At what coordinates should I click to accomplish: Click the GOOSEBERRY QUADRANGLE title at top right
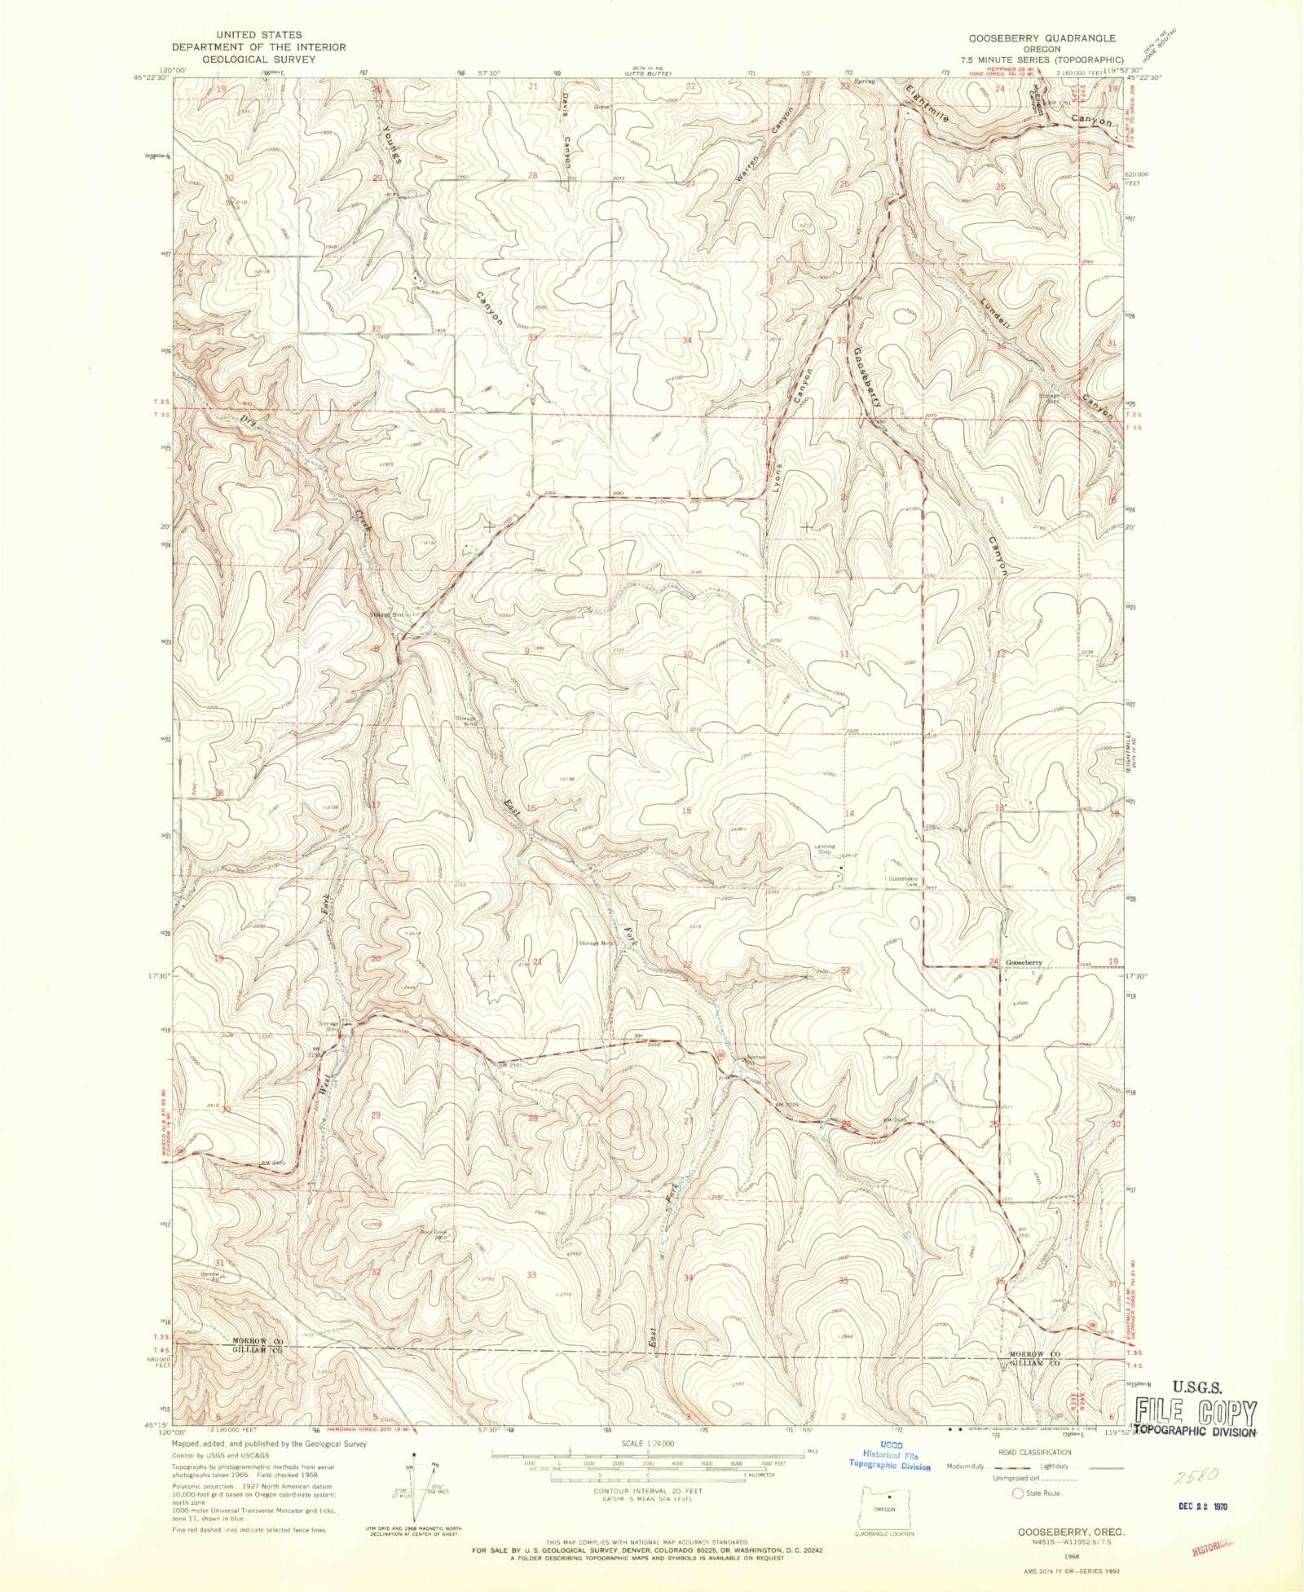click(1042, 38)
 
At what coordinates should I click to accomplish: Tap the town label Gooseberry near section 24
click(1024, 962)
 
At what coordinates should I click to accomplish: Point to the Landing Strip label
click(824, 849)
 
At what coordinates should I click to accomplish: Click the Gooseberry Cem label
click(903, 881)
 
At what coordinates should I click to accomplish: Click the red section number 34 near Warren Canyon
click(686, 340)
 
